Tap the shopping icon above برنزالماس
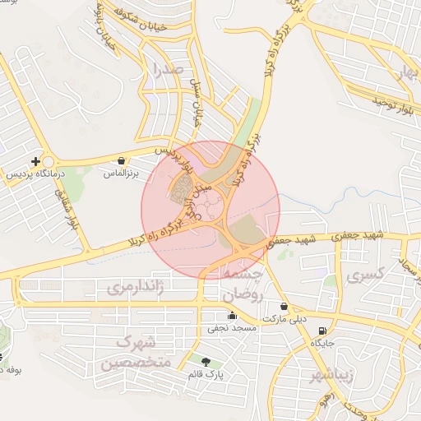click(x=121, y=161)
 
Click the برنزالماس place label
click(x=121, y=174)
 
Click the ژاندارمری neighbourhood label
click(x=136, y=287)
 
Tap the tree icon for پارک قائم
click(x=205, y=361)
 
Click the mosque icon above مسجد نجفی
click(x=232, y=315)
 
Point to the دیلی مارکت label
click(x=284, y=317)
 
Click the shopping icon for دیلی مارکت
click(x=284, y=306)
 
